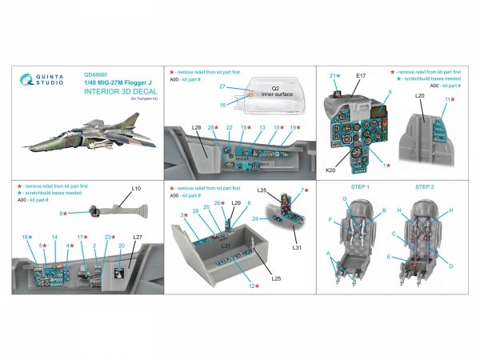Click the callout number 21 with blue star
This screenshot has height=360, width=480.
pyautogui.click(x=333, y=75)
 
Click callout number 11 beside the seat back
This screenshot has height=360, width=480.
pyautogui.click(x=449, y=100)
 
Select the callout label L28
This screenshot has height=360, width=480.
pyautogui.click(x=195, y=128)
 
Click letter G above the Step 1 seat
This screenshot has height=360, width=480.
pyautogui.click(x=345, y=198)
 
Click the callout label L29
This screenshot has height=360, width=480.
pyautogui.click(x=236, y=204)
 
